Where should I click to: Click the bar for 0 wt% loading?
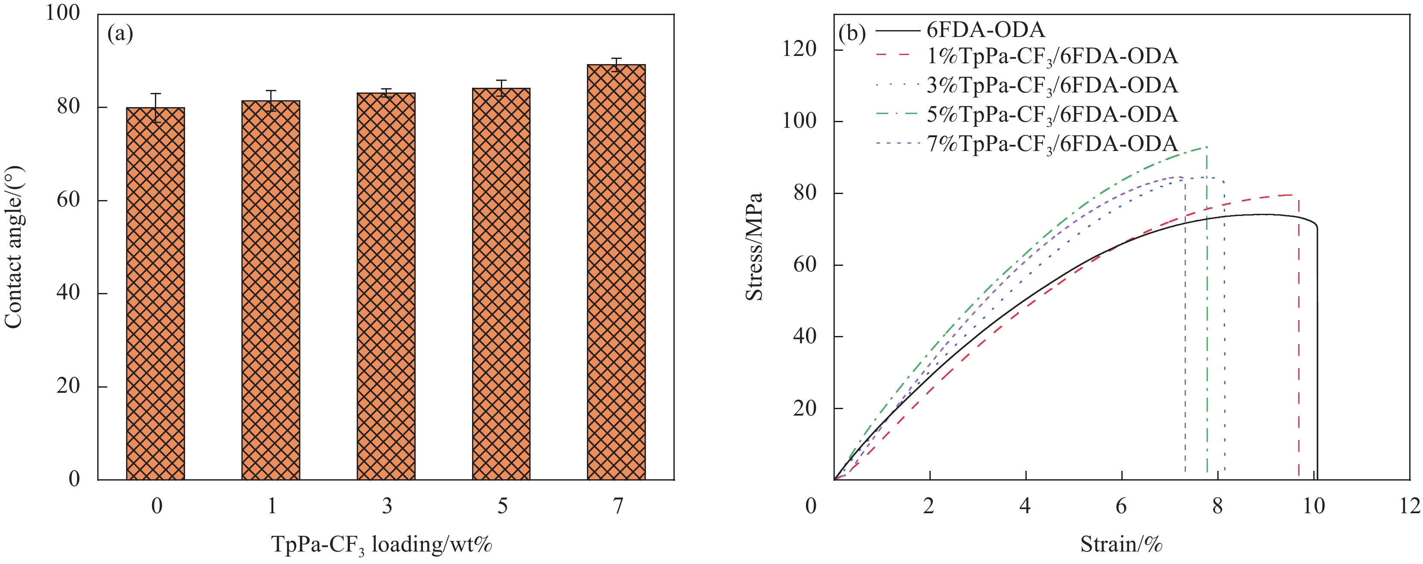(x=156, y=293)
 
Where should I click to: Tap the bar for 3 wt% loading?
(x=386, y=286)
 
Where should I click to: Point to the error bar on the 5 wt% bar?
(x=501, y=88)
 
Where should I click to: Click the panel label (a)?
(x=120, y=34)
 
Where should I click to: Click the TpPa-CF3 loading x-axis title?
(x=381, y=545)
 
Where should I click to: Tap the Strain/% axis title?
(x=1121, y=545)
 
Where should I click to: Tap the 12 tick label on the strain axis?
(x=1409, y=505)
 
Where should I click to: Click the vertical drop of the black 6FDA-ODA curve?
(x=1318, y=354)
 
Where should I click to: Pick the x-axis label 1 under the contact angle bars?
(x=271, y=505)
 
